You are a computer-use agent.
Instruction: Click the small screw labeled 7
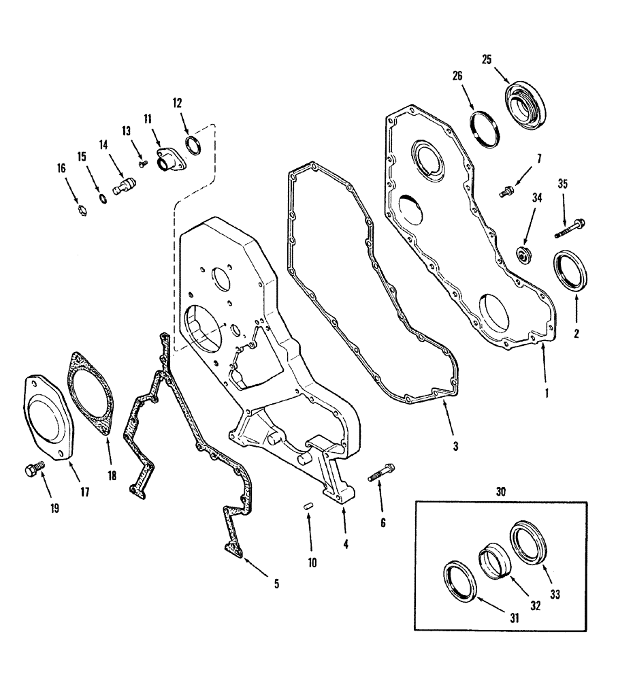point(506,193)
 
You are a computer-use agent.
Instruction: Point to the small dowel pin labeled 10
point(308,507)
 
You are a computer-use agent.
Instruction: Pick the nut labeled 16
point(79,209)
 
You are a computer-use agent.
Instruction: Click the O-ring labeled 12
point(194,145)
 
